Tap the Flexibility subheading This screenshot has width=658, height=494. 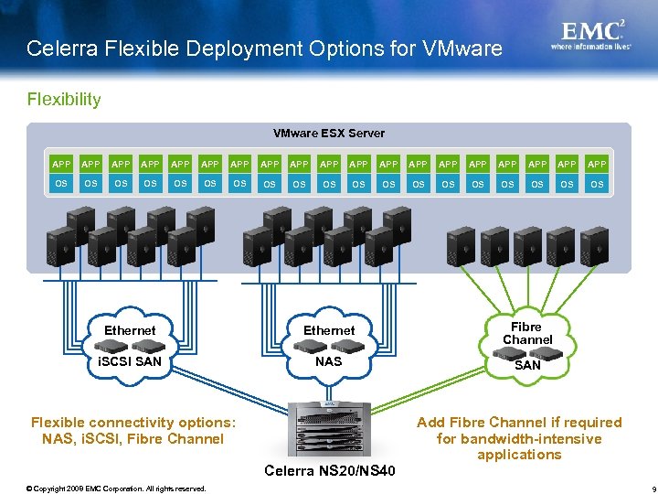click(x=64, y=99)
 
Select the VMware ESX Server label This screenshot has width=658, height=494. click(x=329, y=134)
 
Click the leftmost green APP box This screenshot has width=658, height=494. click(x=61, y=164)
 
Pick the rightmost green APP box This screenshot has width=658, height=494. click(x=597, y=164)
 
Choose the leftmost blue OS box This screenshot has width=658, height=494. click(x=61, y=184)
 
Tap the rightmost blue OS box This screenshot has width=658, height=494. click(x=597, y=184)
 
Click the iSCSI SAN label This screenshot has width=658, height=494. click(x=130, y=361)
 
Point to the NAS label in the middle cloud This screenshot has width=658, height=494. click(x=328, y=361)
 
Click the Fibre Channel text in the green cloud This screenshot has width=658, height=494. click(x=527, y=333)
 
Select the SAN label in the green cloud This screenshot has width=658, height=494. click(x=527, y=365)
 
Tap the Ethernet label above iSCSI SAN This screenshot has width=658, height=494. click(x=130, y=330)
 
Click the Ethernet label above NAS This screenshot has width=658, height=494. click(x=329, y=330)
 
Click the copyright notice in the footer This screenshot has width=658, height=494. click(x=116, y=489)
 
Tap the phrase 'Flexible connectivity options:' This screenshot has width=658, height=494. click(x=133, y=423)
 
